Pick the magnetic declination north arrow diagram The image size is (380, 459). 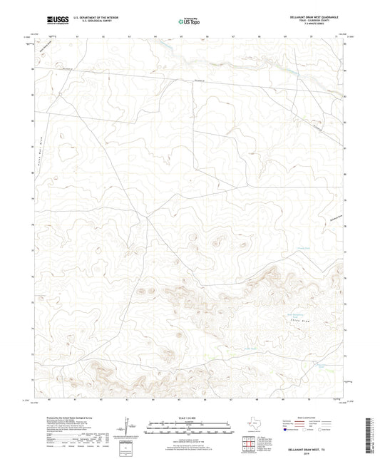[126, 428]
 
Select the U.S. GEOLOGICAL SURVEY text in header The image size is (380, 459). [86, 20]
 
